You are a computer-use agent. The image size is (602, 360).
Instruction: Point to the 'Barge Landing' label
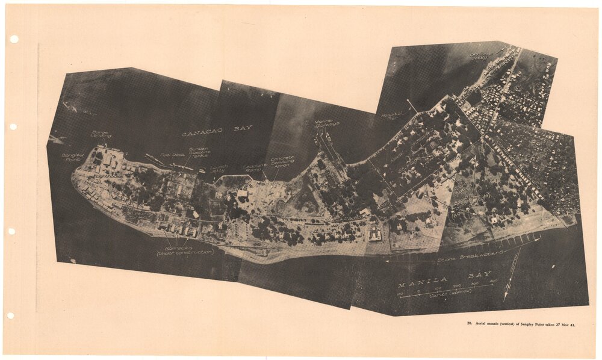(x=101, y=134)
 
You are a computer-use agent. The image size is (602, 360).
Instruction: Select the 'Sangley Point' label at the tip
(x=73, y=157)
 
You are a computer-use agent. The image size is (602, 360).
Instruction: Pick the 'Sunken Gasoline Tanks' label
(x=198, y=152)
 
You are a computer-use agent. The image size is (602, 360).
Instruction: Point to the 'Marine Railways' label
(x=327, y=124)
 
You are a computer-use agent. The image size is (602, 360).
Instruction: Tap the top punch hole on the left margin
(x=13, y=39)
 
